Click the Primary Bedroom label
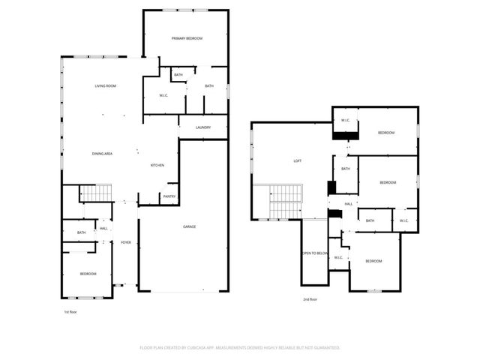click(187, 38)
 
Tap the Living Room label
click(105, 86)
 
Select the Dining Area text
click(102, 154)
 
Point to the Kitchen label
click(157, 166)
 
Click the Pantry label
click(169, 197)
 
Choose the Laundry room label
click(202, 127)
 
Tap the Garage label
click(190, 226)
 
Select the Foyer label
click(126, 243)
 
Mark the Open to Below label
click(316, 253)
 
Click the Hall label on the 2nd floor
click(349, 204)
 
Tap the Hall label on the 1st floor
click(103, 229)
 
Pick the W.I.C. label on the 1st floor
click(163, 95)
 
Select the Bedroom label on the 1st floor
click(88, 274)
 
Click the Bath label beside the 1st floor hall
click(81, 233)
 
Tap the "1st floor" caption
click(70, 310)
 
